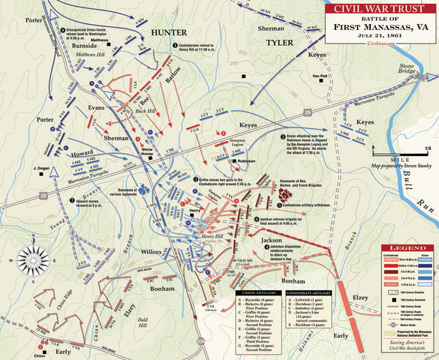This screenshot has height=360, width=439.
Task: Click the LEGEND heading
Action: pyautogui.click(x=407, y=248)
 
